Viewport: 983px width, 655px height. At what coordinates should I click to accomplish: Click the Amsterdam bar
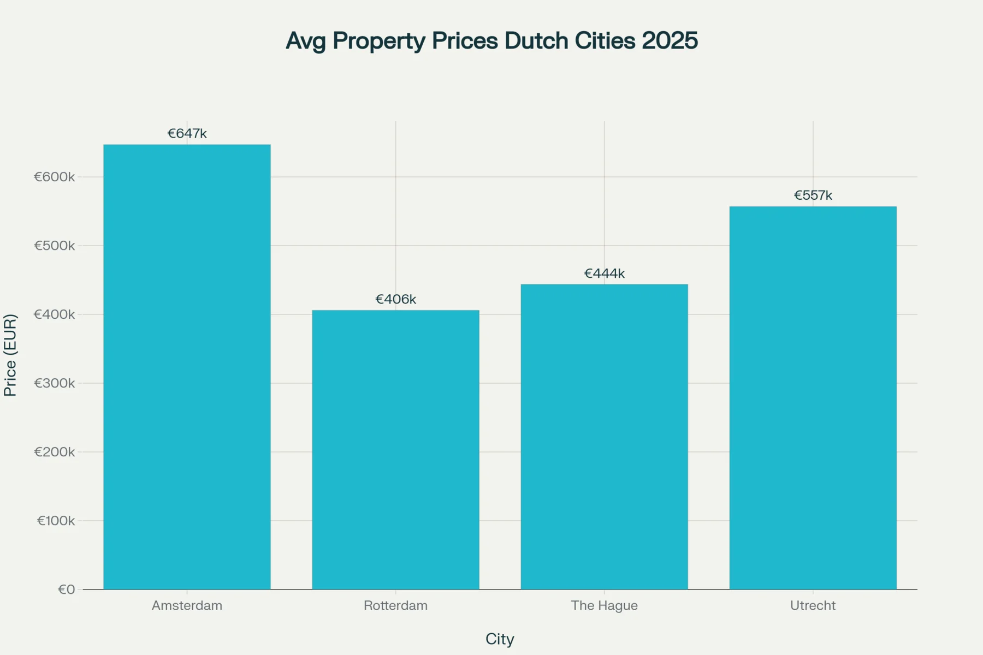click(187, 367)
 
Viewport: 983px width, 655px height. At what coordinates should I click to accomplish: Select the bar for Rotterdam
click(395, 450)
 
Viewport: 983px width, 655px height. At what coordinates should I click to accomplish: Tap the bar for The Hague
click(604, 437)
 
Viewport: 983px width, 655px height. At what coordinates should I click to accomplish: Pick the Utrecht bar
click(813, 398)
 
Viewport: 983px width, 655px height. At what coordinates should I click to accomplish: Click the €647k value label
click(187, 134)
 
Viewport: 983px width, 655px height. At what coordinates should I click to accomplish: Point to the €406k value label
click(395, 299)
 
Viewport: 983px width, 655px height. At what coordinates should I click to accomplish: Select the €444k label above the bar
click(604, 273)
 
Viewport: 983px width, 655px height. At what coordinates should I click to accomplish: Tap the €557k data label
click(813, 195)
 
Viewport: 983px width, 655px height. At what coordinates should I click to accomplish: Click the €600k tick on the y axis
click(55, 177)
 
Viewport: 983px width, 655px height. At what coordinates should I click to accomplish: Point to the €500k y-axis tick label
click(55, 246)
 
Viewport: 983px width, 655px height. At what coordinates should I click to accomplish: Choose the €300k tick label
click(55, 383)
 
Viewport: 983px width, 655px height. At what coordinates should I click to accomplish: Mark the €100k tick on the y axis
click(56, 521)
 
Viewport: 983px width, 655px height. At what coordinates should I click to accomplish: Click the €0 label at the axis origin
click(66, 589)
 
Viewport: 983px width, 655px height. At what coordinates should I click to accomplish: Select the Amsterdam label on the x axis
click(187, 605)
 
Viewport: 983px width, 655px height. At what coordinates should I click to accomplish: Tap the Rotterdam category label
click(395, 605)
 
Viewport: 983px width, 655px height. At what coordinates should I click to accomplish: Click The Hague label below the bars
click(604, 605)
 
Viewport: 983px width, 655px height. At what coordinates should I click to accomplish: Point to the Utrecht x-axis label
click(813, 605)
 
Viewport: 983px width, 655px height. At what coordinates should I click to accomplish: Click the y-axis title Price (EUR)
click(10, 355)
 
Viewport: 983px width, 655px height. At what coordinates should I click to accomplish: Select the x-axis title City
click(500, 639)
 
